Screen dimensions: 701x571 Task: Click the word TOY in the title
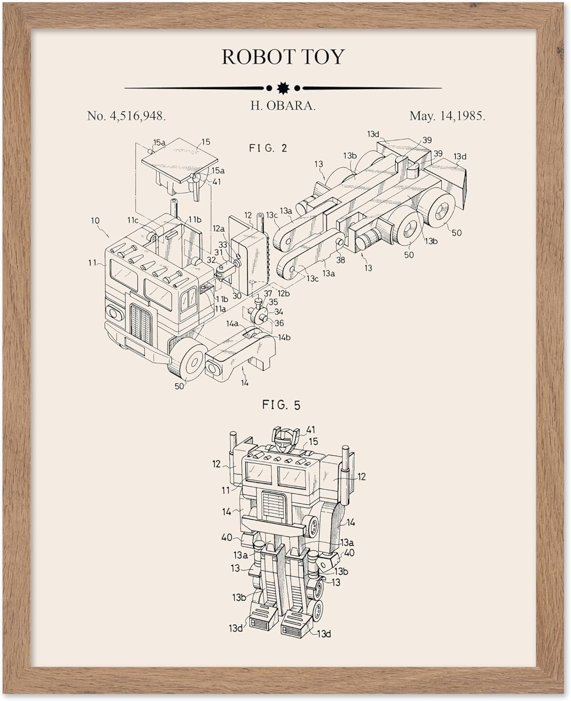(323, 57)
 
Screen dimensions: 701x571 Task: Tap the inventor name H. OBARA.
(283, 105)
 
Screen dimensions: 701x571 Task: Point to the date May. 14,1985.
(447, 116)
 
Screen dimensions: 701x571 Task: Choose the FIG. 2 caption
(268, 148)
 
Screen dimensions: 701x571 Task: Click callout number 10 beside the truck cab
(95, 221)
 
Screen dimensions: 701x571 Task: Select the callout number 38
(340, 260)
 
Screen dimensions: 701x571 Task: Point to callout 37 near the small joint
(268, 293)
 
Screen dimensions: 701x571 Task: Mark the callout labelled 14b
(284, 337)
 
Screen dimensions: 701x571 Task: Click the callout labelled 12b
(284, 293)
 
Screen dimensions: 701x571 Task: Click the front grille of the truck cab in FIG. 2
(139, 321)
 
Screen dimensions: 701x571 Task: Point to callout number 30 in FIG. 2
(237, 295)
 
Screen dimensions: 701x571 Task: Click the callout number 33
(222, 244)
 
